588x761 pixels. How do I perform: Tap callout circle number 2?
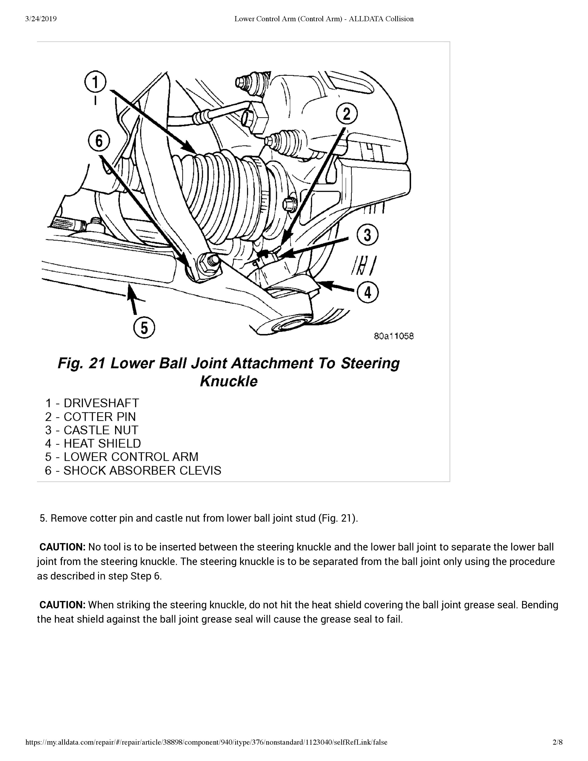pyautogui.click(x=347, y=114)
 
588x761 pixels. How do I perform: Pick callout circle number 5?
pyautogui.click(x=144, y=327)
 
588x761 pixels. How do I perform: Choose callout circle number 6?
pyautogui.click(x=99, y=141)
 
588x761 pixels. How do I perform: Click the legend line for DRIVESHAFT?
pyautogui.click(x=92, y=403)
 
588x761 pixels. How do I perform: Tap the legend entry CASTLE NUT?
pyautogui.click(x=92, y=430)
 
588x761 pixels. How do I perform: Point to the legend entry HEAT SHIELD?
pyautogui.click(x=93, y=443)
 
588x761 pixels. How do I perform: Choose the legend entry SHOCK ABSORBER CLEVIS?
pyautogui.click(x=133, y=470)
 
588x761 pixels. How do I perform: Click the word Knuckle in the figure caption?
pyautogui.click(x=229, y=381)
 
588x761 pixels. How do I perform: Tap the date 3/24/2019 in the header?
pyautogui.click(x=41, y=19)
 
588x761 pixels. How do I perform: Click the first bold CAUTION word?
pyautogui.click(x=62, y=547)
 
